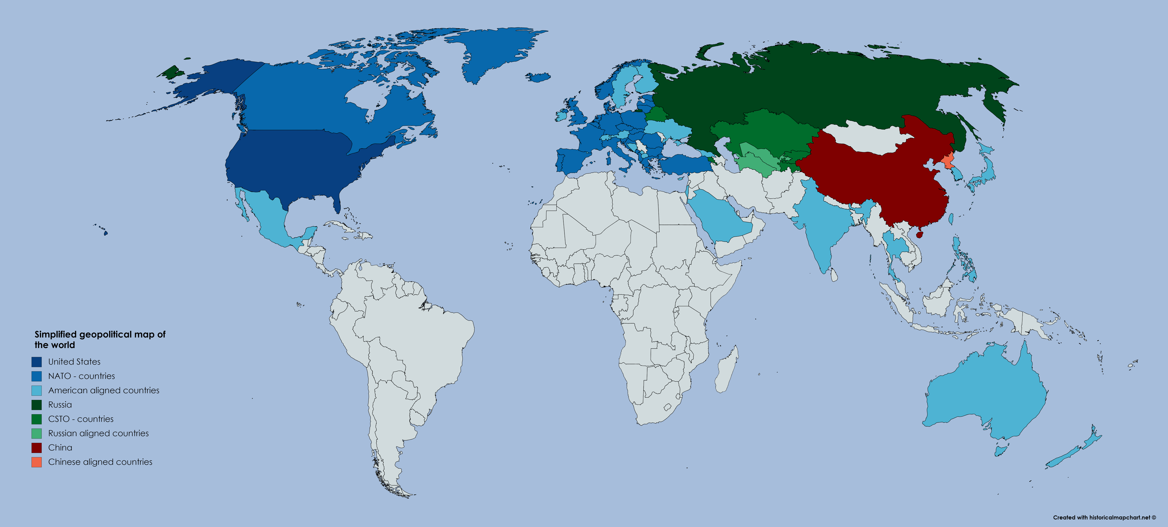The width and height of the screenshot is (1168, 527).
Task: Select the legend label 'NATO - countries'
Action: (x=82, y=376)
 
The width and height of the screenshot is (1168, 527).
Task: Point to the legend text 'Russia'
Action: (x=60, y=405)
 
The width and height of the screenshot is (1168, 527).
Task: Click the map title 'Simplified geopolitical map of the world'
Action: (x=100, y=339)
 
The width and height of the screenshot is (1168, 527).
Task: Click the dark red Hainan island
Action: (x=920, y=235)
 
